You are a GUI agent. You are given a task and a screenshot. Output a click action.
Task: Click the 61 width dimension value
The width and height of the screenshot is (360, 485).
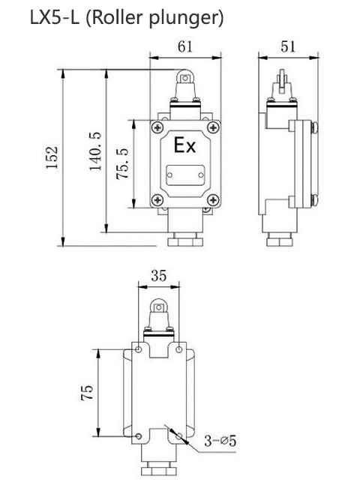click(x=185, y=46)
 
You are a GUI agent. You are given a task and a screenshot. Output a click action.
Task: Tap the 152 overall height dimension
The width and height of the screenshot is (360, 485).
click(x=52, y=158)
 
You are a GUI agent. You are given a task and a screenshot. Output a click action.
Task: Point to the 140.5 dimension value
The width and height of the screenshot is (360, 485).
click(x=95, y=151)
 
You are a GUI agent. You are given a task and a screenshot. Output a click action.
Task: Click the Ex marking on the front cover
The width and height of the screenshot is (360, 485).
click(x=184, y=145)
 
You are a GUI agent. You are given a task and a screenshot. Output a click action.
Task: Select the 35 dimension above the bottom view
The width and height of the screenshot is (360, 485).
click(x=158, y=275)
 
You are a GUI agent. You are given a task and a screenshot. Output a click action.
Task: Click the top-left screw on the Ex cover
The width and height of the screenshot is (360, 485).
click(x=157, y=128)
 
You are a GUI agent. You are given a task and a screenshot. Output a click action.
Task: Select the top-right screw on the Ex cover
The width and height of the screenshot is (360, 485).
click(x=213, y=128)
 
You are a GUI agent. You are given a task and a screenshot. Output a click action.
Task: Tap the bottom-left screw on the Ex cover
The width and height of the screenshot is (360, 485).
click(x=157, y=199)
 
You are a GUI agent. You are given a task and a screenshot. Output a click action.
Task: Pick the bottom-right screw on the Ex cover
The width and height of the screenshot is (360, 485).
click(x=213, y=199)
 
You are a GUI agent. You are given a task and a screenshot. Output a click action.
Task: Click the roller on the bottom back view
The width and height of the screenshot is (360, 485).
click(x=159, y=305)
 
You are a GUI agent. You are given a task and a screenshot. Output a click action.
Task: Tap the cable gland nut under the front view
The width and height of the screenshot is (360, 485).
click(x=185, y=241)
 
